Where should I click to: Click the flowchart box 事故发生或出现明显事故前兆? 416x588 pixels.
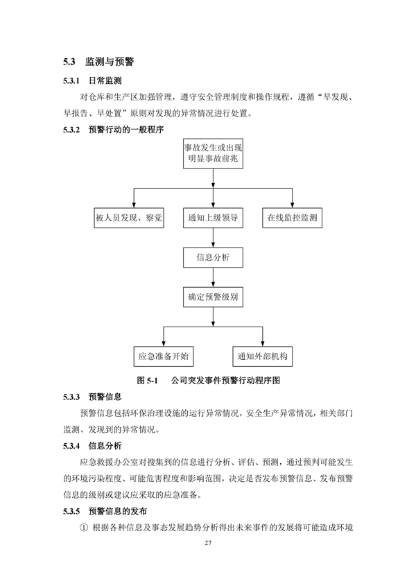click(x=213, y=153)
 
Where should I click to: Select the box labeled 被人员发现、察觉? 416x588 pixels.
click(x=129, y=218)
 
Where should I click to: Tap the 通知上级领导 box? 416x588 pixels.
click(x=213, y=218)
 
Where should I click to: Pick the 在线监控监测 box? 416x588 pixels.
click(x=292, y=218)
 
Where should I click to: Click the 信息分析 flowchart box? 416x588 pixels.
click(x=213, y=257)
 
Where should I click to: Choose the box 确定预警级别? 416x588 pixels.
click(x=213, y=297)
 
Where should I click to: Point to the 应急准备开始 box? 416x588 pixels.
click(x=164, y=356)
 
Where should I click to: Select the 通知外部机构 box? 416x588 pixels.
click(x=263, y=356)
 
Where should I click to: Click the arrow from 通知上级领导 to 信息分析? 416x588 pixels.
click(x=213, y=238)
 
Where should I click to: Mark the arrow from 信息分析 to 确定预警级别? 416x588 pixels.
click(x=213, y=277)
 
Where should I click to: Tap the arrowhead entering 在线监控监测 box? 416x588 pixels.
click(x=292, y=205)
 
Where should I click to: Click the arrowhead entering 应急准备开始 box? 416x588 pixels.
click(x=164, y=343)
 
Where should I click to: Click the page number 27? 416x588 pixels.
click(x=208, y=543)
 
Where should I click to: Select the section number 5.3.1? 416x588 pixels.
click(x=71, y=80)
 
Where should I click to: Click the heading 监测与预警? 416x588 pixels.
click(x=110, y=62)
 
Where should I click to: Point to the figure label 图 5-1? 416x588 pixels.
click(x=148, y=380)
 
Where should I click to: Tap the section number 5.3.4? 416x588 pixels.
click(x=71, y=446)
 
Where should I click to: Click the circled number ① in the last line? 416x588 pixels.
click(x=84, y=528)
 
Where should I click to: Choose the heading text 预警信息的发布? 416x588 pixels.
click(x=117, y=511)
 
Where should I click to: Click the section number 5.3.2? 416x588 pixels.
click(x=71, y=130)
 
